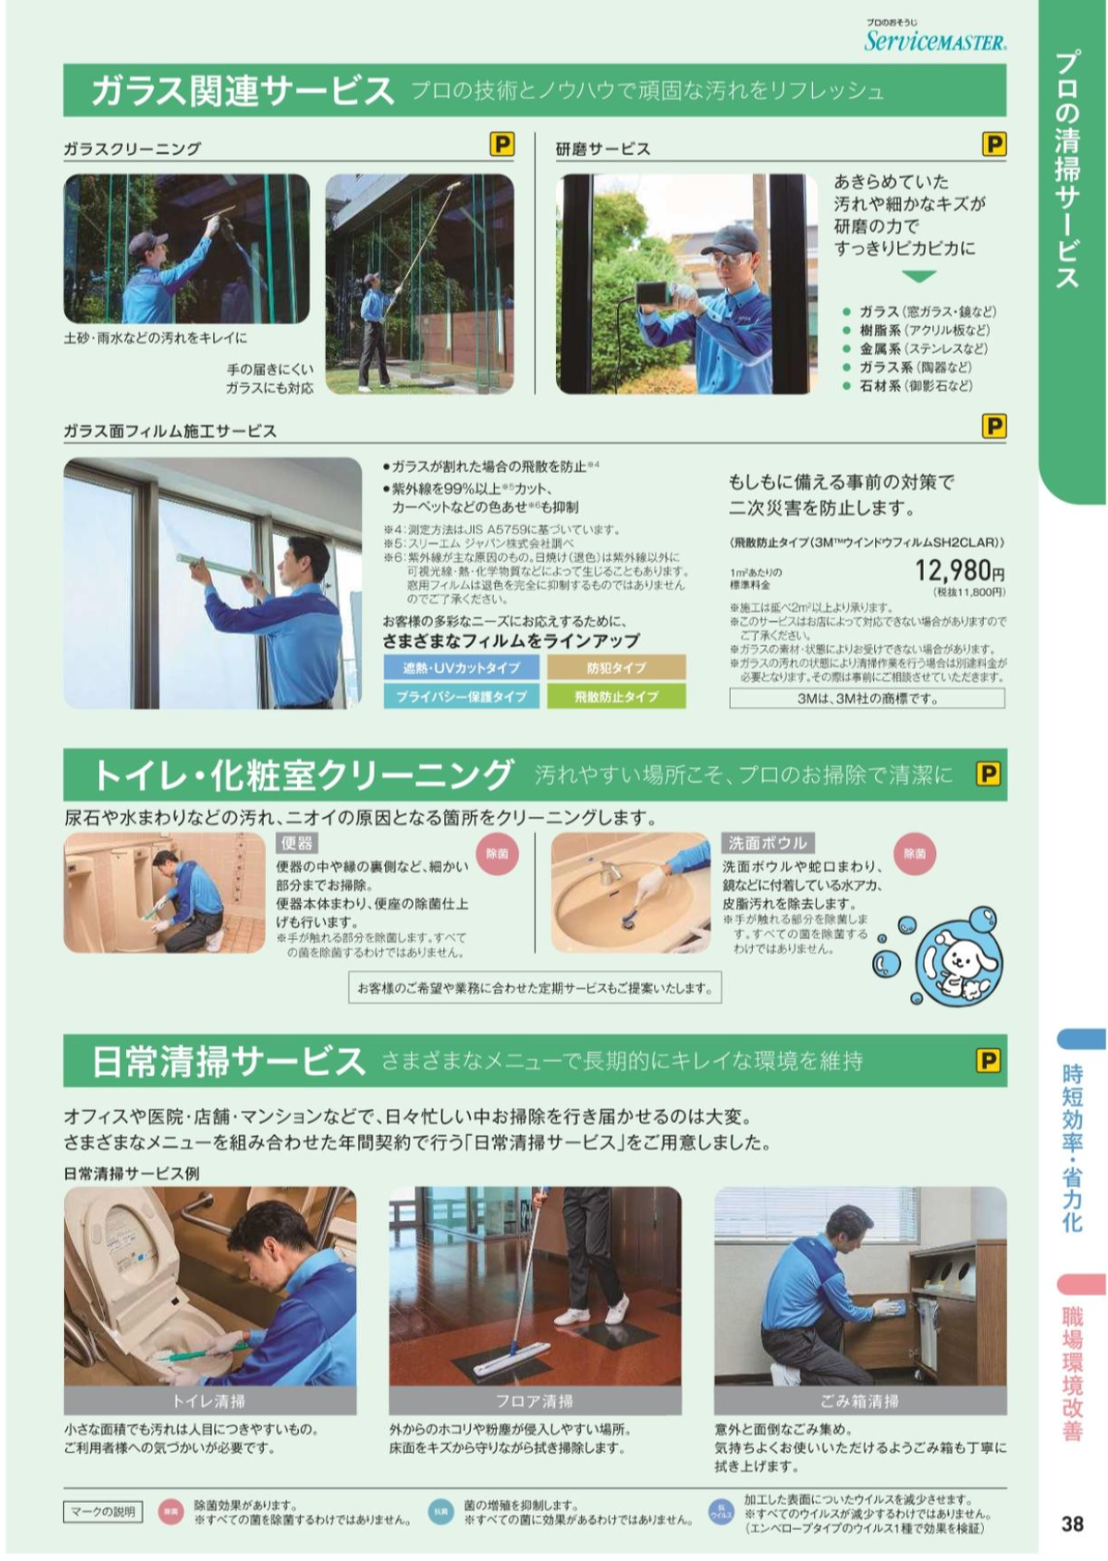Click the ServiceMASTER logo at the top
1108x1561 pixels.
tap(935, 39)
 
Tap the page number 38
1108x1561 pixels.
tap(1071, 1523)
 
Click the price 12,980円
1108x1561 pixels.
tap(959, 571)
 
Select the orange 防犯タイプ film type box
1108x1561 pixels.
tap(616, 668)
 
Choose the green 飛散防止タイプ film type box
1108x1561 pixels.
tap(616, 696)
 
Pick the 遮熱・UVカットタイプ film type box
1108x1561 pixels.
tap(462, 668)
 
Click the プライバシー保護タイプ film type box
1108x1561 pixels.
tap(462, 696)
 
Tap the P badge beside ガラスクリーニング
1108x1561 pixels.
tap(502, 145)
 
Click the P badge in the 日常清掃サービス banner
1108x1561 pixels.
tap(988, 1060)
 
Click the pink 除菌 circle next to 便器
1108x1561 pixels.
tap(498, 854)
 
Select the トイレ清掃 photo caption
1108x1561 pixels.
tap(210, 1401)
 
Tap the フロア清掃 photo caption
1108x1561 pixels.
tap(535, 1401)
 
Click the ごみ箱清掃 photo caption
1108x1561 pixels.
tap(860, 1401)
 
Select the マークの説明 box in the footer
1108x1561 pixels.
tap(103, 1511)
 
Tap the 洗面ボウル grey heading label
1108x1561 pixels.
tap(767, 843)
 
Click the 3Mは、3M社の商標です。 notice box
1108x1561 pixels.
tap(866, 698)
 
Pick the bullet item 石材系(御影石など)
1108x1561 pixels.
tap(915, 385)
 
